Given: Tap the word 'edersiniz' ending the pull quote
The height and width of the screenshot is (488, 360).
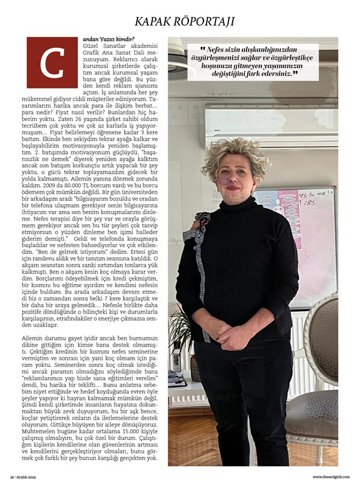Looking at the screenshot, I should coord(279,73).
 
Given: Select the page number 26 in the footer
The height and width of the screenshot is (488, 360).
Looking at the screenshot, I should coord(11,477).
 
